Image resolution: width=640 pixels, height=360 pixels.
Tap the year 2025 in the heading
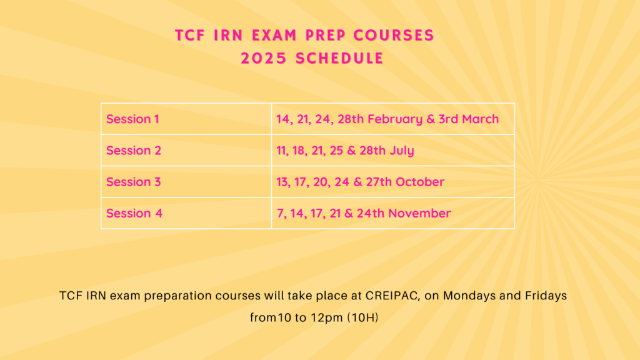pyautogui.click(x=264, y=58)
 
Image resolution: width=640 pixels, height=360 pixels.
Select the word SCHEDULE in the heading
pyautogui.click(x=339, y=58)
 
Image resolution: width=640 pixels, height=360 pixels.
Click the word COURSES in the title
pyautogui.click(x=394, y=35)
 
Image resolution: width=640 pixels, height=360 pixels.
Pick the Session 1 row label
pyautogui.click(x=132, y=119)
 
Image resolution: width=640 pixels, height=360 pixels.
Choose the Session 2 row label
pyautogui.click(x=134, y=150)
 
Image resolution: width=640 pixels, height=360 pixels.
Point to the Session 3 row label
pyautogui.click(x=134, y=182)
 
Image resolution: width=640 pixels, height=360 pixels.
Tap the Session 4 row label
pyautogui.click(x=134, y=213)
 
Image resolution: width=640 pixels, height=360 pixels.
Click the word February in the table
pyautogui.click(x=395, y=119)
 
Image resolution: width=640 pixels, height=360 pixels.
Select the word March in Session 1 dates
pyautogui.click(x=481, y=119)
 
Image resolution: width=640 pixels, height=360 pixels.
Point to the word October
pyautogui.click(x=419, y=182)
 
